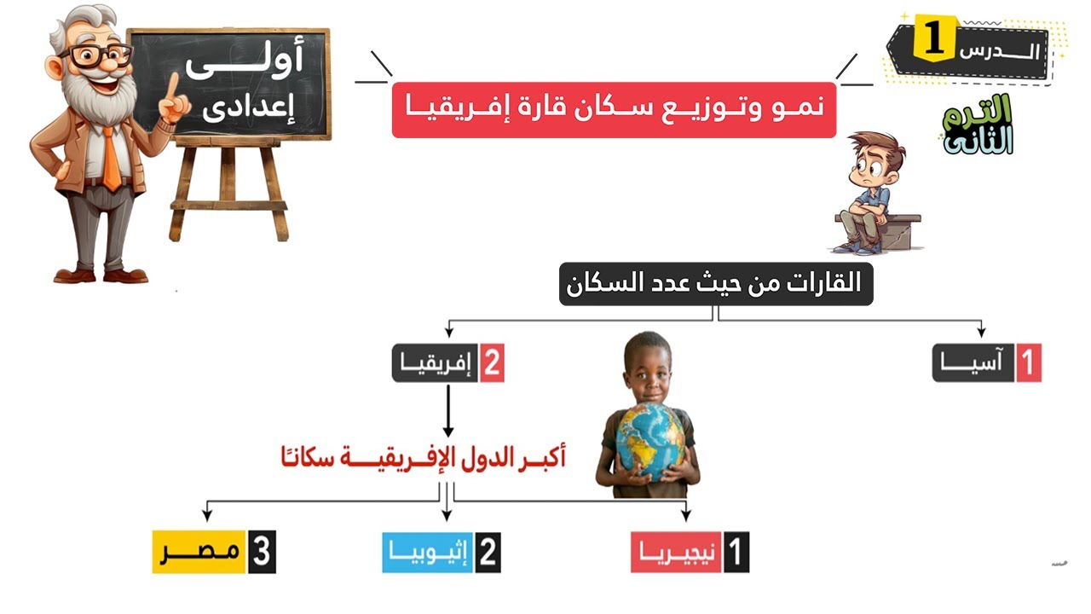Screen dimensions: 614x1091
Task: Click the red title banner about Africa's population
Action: click(614, 110)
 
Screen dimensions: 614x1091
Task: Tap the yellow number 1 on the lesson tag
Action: click(934, 41)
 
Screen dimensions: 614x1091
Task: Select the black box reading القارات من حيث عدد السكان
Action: click(716, 284)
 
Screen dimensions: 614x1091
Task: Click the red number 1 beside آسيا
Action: click(1029, 363)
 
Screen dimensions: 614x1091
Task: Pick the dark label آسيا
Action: click(974, 363)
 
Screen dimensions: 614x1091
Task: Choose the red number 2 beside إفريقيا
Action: click(492, 363)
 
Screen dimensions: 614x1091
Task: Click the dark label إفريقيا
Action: click(435, 363)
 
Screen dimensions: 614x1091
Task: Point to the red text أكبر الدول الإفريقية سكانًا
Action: click(423, 458)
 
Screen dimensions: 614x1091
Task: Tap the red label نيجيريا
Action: click(677, 553)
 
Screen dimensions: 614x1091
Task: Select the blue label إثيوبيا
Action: click(427, 553)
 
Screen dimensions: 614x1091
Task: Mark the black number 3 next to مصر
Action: click(262, 553)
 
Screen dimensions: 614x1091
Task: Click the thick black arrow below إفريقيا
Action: click(448, 409)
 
